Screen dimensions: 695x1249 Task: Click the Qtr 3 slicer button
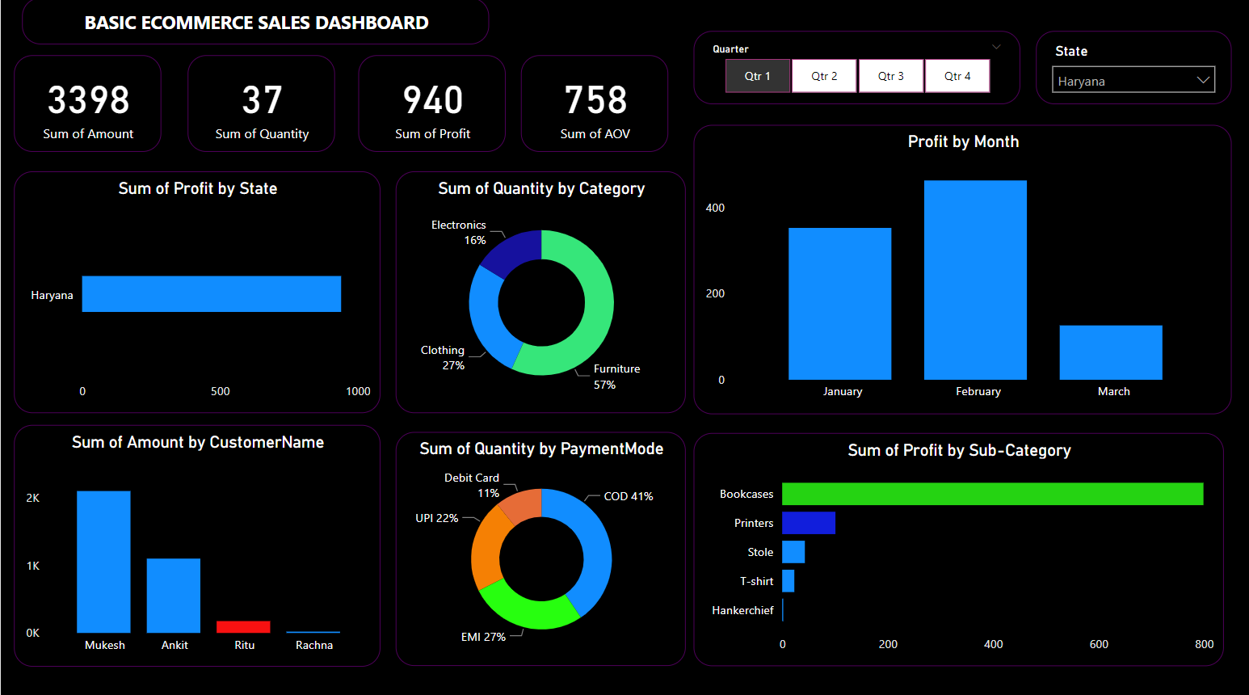(891, 76)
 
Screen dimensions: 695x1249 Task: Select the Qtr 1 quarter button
(758, 76)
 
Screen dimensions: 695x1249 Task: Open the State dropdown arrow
(1203, 80)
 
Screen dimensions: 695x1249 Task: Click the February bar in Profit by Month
(975, 280)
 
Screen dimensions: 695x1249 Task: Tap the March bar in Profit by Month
(1111, 352)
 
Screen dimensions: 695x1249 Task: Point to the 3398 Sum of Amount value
(88, 100)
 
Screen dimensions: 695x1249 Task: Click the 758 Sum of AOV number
(595, 100)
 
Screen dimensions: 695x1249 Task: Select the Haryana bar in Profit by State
(212, 294)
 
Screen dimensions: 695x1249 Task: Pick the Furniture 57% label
(616, 377)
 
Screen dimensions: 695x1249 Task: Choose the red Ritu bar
(243, 627)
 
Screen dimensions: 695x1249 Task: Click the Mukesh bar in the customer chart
(103, 562)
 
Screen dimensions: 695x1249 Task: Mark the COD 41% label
(628, 496)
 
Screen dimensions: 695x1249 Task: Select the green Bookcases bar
(992, 494)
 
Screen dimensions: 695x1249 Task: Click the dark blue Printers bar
(809, 523)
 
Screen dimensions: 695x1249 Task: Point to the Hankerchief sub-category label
(742, 610)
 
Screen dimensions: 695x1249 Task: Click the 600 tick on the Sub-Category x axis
(1099, 644)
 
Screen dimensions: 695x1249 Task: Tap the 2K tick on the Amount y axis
(33, 498)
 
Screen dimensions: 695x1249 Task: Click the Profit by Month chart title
(963, 141)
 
